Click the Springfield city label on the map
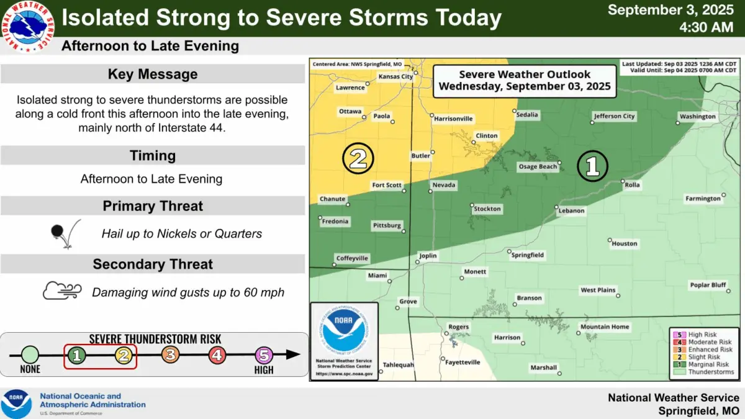pos(528,255)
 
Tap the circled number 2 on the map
pos(358,159)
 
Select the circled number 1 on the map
pos(592,166)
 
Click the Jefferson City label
pos(614,116)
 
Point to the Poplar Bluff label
pos(708,286)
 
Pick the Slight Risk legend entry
pos(704,357)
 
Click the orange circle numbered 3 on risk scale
pos(170,355)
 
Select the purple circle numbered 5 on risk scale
pos(264,355)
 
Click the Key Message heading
pos(153,74)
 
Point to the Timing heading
pos(153,155)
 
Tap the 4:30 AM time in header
pos(707,27)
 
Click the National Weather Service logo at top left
pos(29,26)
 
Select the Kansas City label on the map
pos(395,76)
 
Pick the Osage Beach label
pos(538,166)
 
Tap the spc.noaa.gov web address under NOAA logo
pos(344,374)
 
